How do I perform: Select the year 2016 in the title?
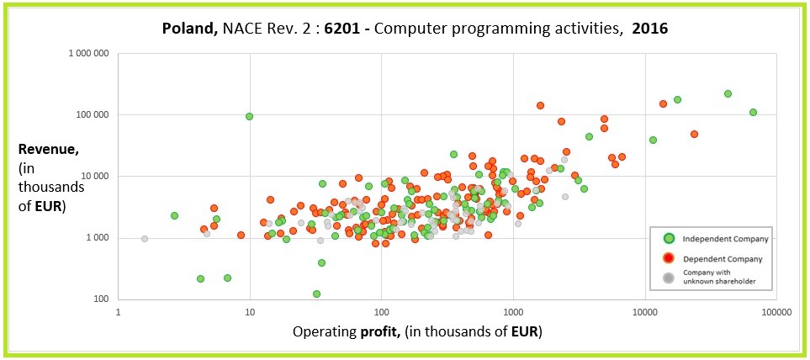(649, 29)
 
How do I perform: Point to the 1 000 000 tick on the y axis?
(90, 53)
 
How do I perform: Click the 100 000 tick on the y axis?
(94, 114)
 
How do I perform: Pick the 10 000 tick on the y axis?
(97, 177)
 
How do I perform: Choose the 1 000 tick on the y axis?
(99, 238)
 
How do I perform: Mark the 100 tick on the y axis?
(103, 299)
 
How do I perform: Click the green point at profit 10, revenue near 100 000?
(250, 116)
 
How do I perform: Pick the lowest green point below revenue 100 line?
(316, 294)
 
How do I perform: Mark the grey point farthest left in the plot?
(145, 238)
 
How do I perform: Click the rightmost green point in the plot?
(753, 112)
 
